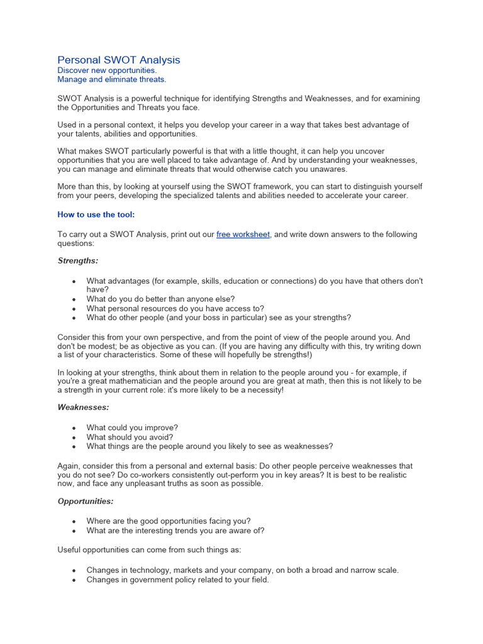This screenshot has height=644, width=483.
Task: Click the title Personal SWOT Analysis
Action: tap(119, 60)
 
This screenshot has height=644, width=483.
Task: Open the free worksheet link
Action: tap(243, 235)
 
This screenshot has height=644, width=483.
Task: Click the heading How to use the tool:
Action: tap(96, 214)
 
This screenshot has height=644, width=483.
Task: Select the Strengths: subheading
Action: tap(78, 260)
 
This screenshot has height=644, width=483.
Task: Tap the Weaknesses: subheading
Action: tap(83, 407)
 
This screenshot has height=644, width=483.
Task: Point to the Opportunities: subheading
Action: tap(86, 501)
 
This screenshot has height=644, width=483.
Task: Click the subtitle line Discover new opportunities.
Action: tap(107, 70)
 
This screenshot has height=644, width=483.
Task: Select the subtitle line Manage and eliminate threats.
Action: tap(112, 80)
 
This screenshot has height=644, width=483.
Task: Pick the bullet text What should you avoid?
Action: tap(130, 437)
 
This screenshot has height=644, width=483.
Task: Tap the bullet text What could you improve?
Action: tap(132, 428)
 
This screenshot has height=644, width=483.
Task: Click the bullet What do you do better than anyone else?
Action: tap(160, 299)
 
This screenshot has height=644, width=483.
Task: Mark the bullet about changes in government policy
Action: tap(177, 580)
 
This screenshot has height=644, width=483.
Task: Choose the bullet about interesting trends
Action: tap(175, 530)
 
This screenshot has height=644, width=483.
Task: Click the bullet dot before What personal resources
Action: tap(74, 309)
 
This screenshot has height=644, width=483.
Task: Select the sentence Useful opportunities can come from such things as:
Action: tap(149, 550)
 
